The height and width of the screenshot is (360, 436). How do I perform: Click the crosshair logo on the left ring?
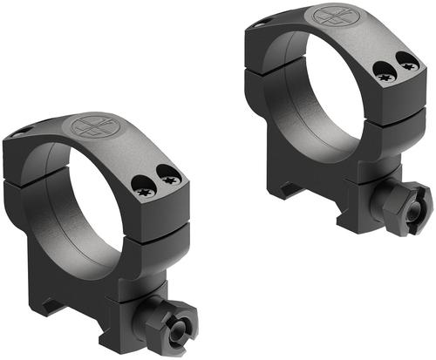tap(91, 126)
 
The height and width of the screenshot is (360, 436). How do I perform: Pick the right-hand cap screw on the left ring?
tap(170, 178)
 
